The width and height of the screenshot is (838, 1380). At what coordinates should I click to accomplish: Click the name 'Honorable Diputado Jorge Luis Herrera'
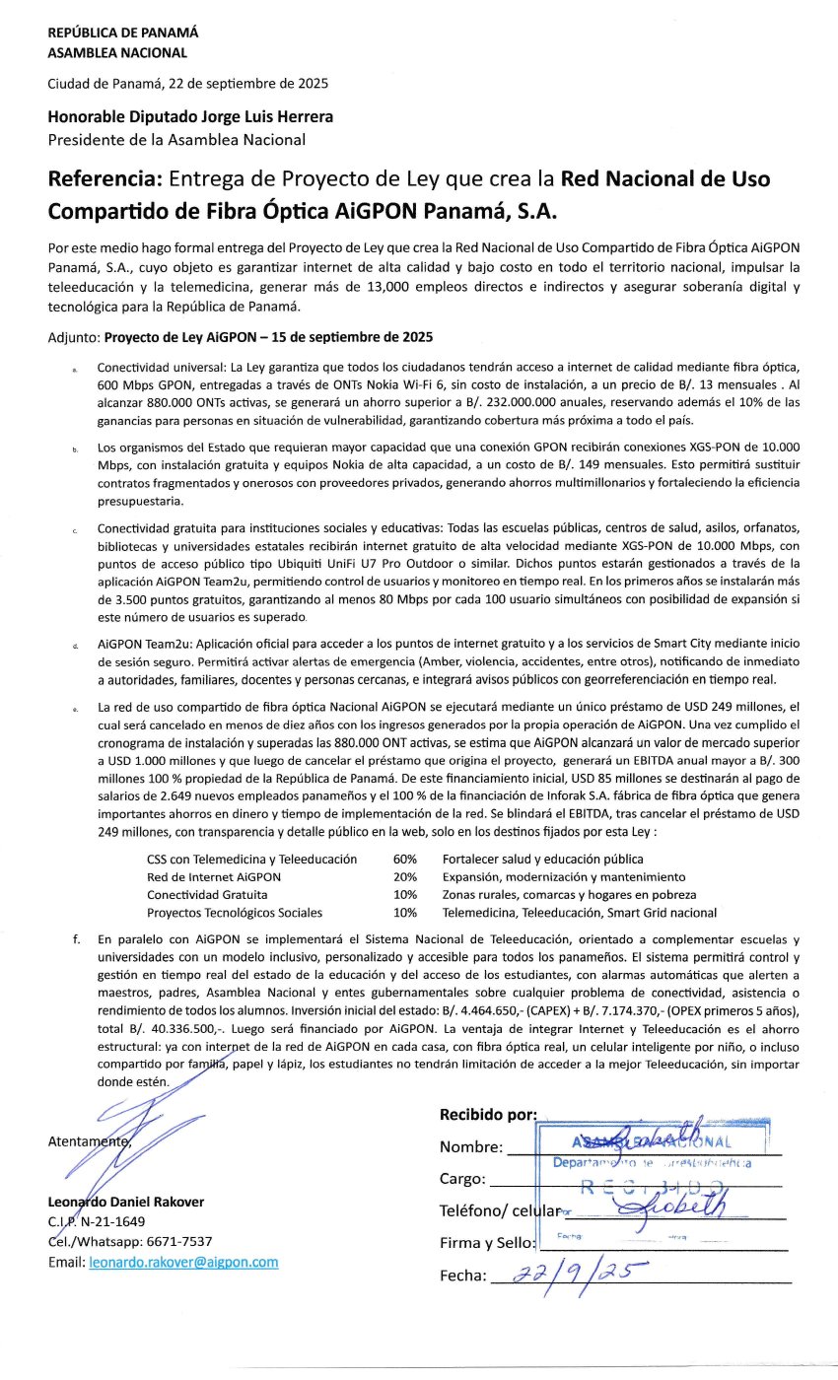point(190,116)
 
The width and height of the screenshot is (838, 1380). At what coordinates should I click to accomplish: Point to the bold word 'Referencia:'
point(105,180)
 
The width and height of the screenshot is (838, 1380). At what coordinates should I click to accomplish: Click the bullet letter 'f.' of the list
point(76,940)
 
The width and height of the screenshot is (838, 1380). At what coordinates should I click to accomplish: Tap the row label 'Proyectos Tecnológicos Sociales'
point(235,913)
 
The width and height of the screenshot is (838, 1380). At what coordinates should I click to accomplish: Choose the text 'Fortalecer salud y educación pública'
point(542,860)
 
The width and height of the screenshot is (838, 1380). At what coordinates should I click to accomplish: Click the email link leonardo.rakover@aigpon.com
point(183,1262)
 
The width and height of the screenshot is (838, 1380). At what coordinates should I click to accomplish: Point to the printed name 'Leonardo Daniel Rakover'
point(125,1203)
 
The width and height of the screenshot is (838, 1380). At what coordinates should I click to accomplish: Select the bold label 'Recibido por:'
point(487,1115)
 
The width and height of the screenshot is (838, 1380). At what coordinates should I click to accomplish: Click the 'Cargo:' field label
point(462,1179)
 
